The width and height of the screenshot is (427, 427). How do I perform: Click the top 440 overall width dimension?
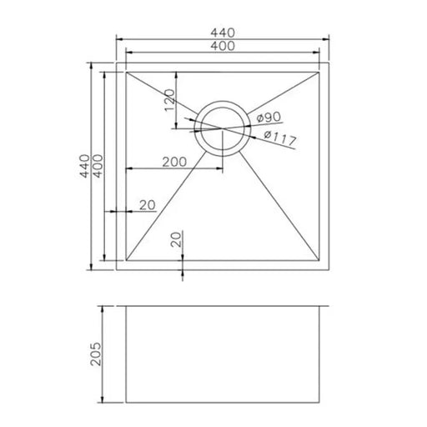point(223,33)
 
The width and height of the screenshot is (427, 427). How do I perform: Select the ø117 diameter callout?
point(280,138)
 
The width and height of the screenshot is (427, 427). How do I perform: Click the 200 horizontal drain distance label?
point(174,162)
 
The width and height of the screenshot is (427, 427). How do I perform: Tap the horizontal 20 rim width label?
point(148,204)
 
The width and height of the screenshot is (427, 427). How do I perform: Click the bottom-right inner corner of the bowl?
point(321,259)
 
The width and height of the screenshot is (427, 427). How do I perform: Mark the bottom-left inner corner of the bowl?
point(126,259)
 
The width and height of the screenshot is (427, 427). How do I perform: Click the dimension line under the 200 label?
point(174,171)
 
